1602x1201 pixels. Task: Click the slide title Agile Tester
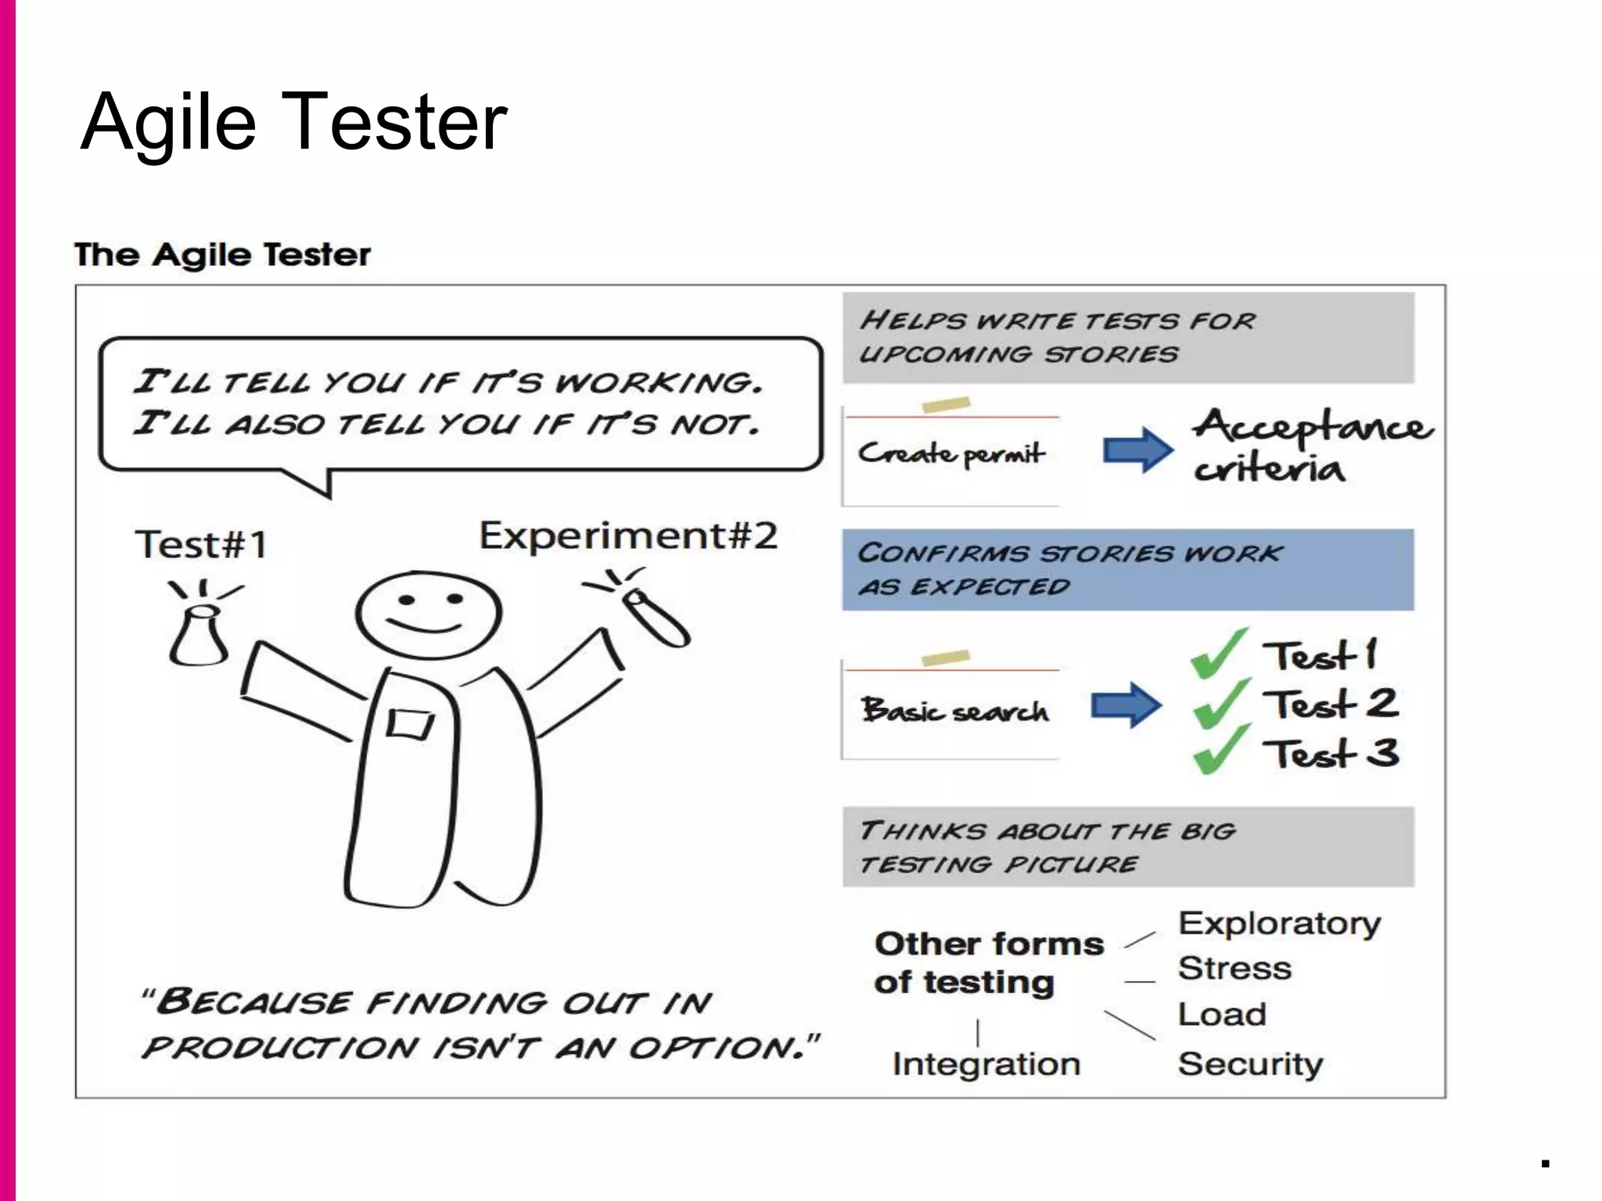coord(294,122)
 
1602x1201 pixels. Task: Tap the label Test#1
coord(201,544)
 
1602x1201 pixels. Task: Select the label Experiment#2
coord(628,536)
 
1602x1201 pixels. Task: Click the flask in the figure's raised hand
coord(199,635)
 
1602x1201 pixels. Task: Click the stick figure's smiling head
coord(429,615)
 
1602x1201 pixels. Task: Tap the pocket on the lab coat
coord(409,723)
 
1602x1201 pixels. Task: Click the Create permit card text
coord(951,454)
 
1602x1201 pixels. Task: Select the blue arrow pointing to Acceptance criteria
coord(1137,450)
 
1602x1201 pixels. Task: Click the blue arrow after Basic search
coord(1126,704)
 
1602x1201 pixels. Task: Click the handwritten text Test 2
coord(1331,704)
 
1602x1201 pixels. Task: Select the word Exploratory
coord(1280,924)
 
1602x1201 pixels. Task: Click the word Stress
coord(1234,969)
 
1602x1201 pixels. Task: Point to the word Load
coord(1222,1015)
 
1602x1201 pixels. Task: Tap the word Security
coord(1250,1064)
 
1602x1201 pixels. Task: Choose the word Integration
coord(986,1064)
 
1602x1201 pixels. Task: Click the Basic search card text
coord(954,711)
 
